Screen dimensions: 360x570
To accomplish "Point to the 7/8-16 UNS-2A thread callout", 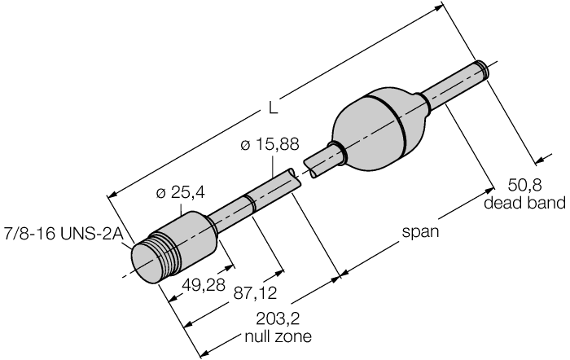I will point(62,230).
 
